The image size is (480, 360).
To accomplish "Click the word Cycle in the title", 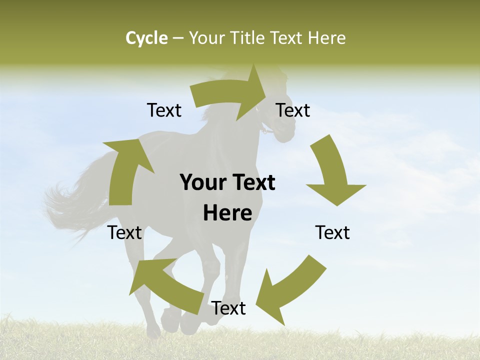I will coord(146,38).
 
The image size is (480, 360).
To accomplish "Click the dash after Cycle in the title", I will coord(178,38).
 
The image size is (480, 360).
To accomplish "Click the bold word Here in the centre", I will coord(227,213).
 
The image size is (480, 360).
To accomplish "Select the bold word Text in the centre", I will coord(254,182).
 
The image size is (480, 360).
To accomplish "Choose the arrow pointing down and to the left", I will coord(285,290).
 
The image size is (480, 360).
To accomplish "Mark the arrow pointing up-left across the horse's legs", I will coord(165,282).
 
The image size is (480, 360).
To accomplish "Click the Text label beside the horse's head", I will coord(293,110).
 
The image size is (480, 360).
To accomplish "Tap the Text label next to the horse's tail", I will coord(125,232).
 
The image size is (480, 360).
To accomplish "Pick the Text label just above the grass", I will coord(228,308).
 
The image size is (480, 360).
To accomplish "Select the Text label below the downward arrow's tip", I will coord(332,232).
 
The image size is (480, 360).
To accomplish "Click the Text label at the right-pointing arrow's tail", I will coord(164,110).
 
